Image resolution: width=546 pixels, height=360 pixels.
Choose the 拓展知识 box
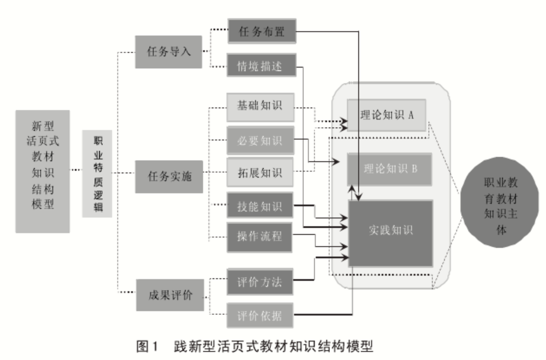[x=260, y=172]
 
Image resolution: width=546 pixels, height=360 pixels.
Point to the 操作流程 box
[x=260, y=237]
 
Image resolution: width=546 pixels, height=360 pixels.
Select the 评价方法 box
[x=260, y=283]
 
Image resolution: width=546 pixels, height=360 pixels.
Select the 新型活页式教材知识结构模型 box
[x=42, y=171]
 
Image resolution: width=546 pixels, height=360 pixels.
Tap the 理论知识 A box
[x=387, y=114]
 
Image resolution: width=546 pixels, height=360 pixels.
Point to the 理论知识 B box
[x=389, y=169]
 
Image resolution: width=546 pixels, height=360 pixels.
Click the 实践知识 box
[x=391, y=230]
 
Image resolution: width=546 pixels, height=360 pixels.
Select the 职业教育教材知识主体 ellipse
[x=500, y=206]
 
